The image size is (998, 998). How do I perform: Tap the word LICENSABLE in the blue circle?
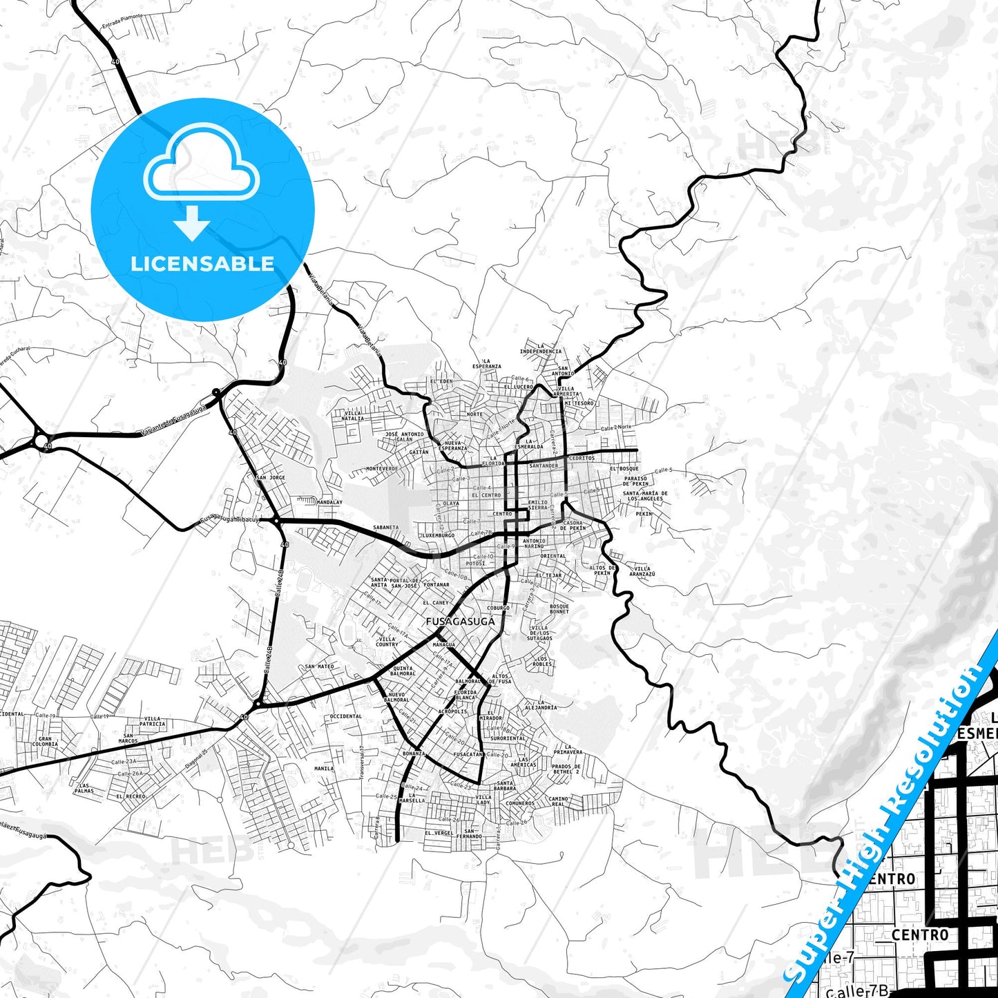(202, 264)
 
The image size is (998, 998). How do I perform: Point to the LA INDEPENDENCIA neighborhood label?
(541, 349)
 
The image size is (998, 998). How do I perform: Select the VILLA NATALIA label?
(353, 415)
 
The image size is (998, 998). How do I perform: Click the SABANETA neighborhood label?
(385, 527)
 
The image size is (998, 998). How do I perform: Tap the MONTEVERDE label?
(382, 468)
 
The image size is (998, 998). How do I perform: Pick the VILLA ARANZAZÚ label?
(642, 571)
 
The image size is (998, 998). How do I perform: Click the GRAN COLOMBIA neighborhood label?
(45, 741)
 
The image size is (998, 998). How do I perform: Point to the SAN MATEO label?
(319, 666)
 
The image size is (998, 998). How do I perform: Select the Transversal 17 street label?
(361, 762)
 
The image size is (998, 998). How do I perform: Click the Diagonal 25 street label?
(196, 760)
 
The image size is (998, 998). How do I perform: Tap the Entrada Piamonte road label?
(122, 21)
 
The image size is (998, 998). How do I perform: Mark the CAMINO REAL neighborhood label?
(558, 801)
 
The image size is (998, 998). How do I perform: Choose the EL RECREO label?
(131, 796)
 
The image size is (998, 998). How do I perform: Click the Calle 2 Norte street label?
(616, 428)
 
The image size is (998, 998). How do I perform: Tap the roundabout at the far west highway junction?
(41, 440)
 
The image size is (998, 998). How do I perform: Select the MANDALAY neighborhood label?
(329, 502)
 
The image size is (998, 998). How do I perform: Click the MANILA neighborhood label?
(324, 768)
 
